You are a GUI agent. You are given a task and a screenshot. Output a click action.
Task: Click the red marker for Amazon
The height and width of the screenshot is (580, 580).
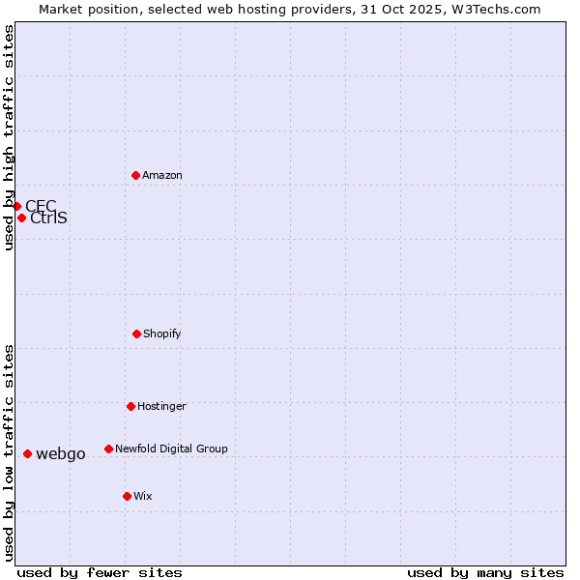tap(135, 175)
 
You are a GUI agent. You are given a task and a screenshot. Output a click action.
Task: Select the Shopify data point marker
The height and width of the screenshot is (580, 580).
tap(136, 333)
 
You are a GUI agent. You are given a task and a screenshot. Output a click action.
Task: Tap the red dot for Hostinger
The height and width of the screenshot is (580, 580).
tap(130, 406)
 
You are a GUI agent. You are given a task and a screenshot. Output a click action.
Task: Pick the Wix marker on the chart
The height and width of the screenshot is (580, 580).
tap(127, 496)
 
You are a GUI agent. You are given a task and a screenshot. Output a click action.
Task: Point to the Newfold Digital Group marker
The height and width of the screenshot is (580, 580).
tap(108, 449)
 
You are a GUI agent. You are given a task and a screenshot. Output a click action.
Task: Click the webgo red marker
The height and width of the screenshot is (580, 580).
tap(27, 453)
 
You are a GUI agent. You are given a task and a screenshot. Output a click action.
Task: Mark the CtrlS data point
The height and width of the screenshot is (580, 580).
tap(21, 217)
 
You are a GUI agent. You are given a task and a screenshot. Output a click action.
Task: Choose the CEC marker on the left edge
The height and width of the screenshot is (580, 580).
tap(16, 206)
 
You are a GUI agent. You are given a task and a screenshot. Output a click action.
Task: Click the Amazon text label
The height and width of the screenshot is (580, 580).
tap(162, 175)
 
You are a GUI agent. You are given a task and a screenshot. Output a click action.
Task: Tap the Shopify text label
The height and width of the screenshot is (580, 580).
tap(162, 333)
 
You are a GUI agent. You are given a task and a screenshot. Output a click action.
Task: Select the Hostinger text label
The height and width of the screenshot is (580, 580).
tap(161, 406)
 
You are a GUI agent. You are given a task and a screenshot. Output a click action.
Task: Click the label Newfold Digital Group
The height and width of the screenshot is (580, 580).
tap(171, 449)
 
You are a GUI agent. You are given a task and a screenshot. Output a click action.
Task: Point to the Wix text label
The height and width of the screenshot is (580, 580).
tap(143, 496)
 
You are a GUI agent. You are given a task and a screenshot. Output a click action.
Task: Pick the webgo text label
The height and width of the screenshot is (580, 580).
tap(61, 453)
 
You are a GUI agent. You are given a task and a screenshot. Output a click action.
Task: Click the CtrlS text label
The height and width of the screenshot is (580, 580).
tap(48, 217)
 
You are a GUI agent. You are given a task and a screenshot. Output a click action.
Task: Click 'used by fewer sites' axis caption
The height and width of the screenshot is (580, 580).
tap(100, 572)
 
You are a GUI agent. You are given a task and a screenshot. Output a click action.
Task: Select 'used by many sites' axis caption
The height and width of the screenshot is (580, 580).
tap(485, 572)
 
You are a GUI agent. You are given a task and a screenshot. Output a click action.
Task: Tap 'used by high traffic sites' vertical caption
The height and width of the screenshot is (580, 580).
tap(9, 137)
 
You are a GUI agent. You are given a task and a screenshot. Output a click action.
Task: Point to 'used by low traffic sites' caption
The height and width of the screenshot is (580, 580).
tap(9, 451)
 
